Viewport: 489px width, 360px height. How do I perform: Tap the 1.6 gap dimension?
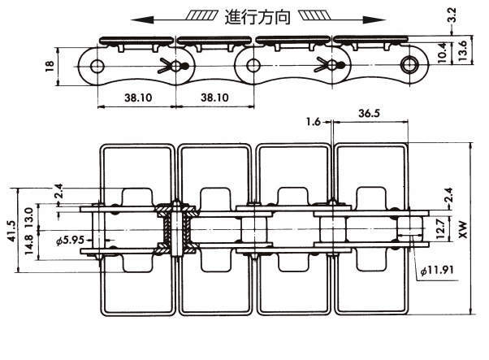coord(313,122)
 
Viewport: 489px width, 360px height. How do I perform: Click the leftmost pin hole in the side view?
coord(98,65)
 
